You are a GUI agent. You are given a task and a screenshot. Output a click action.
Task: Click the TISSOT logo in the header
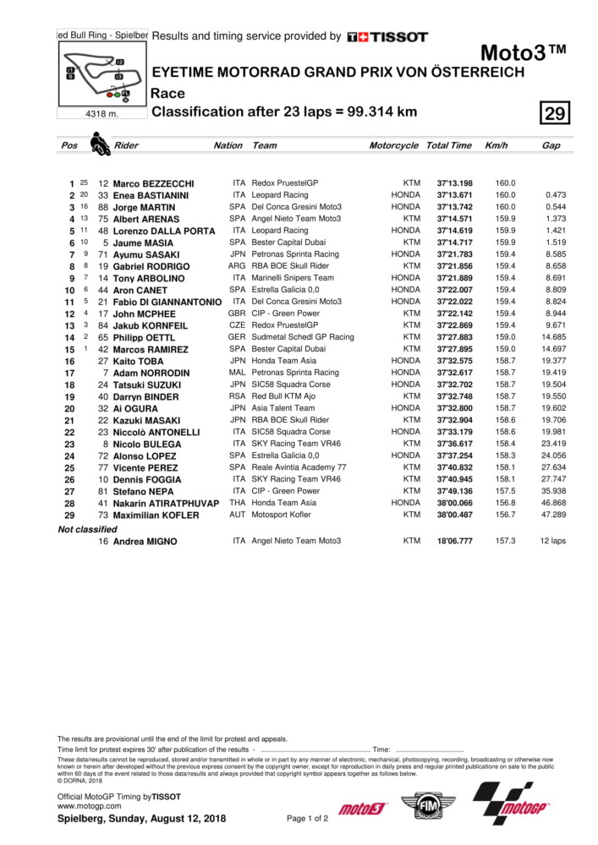tap(387, 37)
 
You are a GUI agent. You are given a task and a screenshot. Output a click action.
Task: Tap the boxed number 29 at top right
tap(557, 113)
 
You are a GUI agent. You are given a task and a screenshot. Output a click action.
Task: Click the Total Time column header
tap(448, 145)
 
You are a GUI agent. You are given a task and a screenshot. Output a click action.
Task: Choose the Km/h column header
tap(496, 145)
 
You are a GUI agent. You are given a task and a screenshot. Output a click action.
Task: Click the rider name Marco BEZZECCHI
tap(154, 183)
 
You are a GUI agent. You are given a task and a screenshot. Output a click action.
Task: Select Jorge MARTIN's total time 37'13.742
tap(454, 207)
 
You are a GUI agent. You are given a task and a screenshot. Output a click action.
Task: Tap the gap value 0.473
tap(556, 195)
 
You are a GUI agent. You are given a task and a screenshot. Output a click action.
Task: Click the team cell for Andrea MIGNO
tap(297, 541)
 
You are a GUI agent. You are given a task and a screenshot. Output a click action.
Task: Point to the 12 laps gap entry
tap(552, 541)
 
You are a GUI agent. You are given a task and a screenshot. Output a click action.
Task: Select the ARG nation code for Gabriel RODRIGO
tap(237, 266)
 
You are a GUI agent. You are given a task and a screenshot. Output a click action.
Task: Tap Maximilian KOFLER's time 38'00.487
tap(454, 515)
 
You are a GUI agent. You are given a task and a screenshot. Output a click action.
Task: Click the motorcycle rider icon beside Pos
tap(100, 144)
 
